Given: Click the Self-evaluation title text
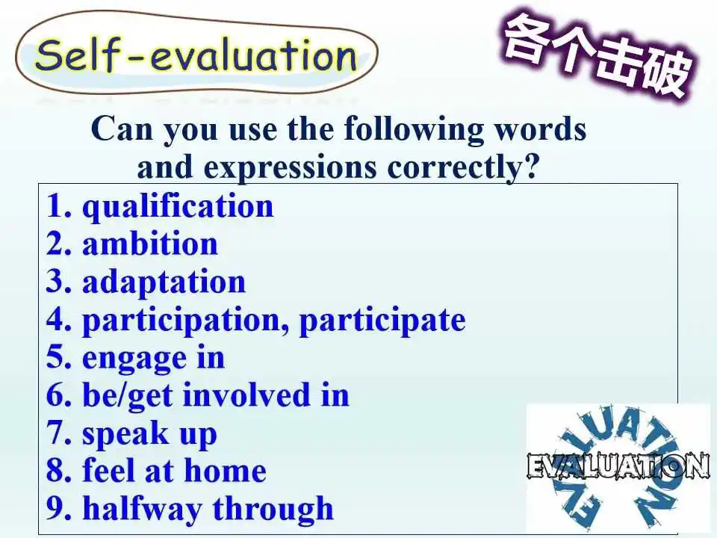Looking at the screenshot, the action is [x=196, y=55].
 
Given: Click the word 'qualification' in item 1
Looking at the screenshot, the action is [x=178, y=208].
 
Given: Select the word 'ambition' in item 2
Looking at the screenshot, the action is [x=150, y=244].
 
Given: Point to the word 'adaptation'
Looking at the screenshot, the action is [x=164, y=282].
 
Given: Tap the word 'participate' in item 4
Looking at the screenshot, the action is [x=382, y=321].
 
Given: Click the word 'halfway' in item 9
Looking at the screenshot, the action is [x=142, y=509].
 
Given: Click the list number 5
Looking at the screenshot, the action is [x=59, y=358].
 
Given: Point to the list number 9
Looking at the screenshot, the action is [x=59, y=508].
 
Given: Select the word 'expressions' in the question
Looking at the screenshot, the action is [x=290, y=169].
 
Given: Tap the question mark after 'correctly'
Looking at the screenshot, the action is [x=531, y=166].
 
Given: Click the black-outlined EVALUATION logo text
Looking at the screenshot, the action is [x=618, y=466].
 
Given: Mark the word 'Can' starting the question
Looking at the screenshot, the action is [x=122, y=129].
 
